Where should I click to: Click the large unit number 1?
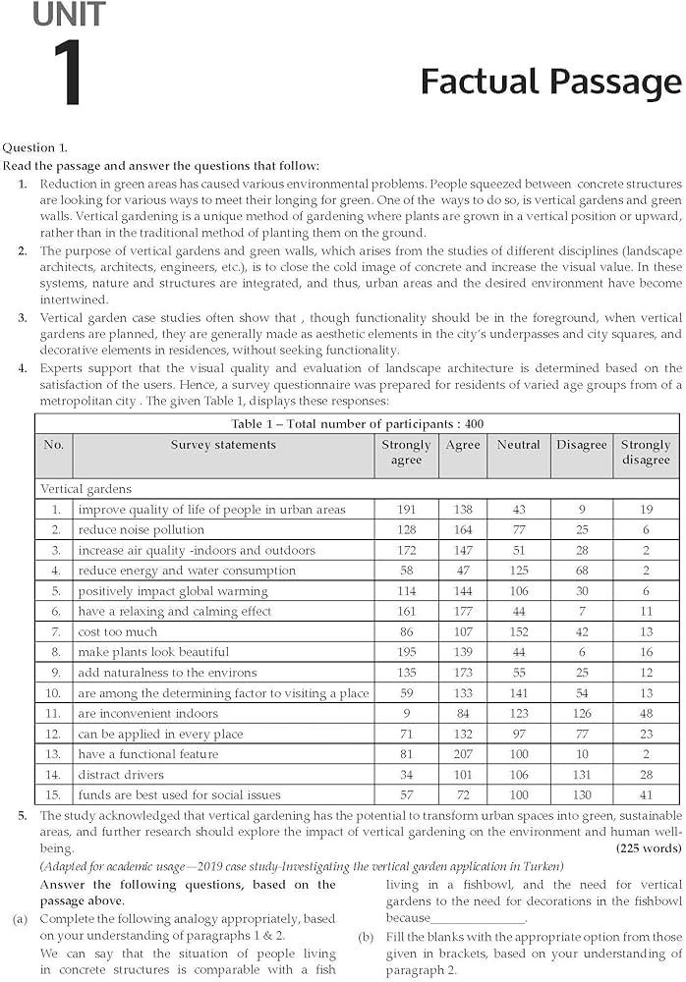click(67, 74)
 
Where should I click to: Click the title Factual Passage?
click(550, 82)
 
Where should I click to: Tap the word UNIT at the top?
click(68, 14)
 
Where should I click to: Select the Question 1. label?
click(35, 147)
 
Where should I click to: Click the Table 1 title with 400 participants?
click(358, 424)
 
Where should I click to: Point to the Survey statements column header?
click(223, 445)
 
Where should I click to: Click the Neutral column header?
click(518, 445)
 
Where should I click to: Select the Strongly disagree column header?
click(646, 453)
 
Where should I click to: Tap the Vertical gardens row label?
click(86, 488)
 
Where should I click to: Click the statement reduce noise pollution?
click(142, 530)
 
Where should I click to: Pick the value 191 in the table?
click(406, 510)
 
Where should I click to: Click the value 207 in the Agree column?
click(463, 754)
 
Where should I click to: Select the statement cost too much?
click(118, 632)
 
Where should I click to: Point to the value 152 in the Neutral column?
click(518, 632)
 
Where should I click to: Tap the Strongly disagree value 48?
click(646, 714)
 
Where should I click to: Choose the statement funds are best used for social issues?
click(179, 795)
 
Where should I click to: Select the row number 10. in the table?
click(56, 693)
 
